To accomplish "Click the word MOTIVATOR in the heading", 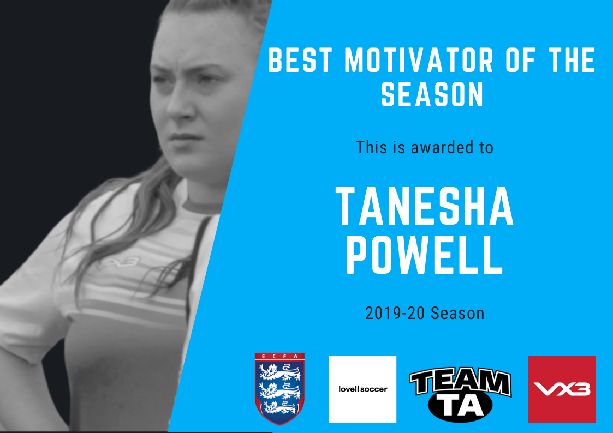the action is tap(419, 60).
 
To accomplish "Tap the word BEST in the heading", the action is tap(300, 60).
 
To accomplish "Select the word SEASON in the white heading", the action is tap(432, 94).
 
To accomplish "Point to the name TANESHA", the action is tap(425, 207).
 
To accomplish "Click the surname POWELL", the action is tap(425, 255).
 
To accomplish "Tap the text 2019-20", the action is tap(395, 313).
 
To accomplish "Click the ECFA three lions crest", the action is tap(279, 388).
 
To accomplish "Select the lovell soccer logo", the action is tap(362, 389).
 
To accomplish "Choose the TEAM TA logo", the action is tap(460, 394).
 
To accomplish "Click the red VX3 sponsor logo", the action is tap(561, 389).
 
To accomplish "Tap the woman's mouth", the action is tap(185, 138).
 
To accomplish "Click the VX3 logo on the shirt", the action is tap(119, 262).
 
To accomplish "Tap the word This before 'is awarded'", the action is tap(371, 148).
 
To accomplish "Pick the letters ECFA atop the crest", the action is tap(279, 356).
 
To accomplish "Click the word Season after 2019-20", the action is tap(457, 313).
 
